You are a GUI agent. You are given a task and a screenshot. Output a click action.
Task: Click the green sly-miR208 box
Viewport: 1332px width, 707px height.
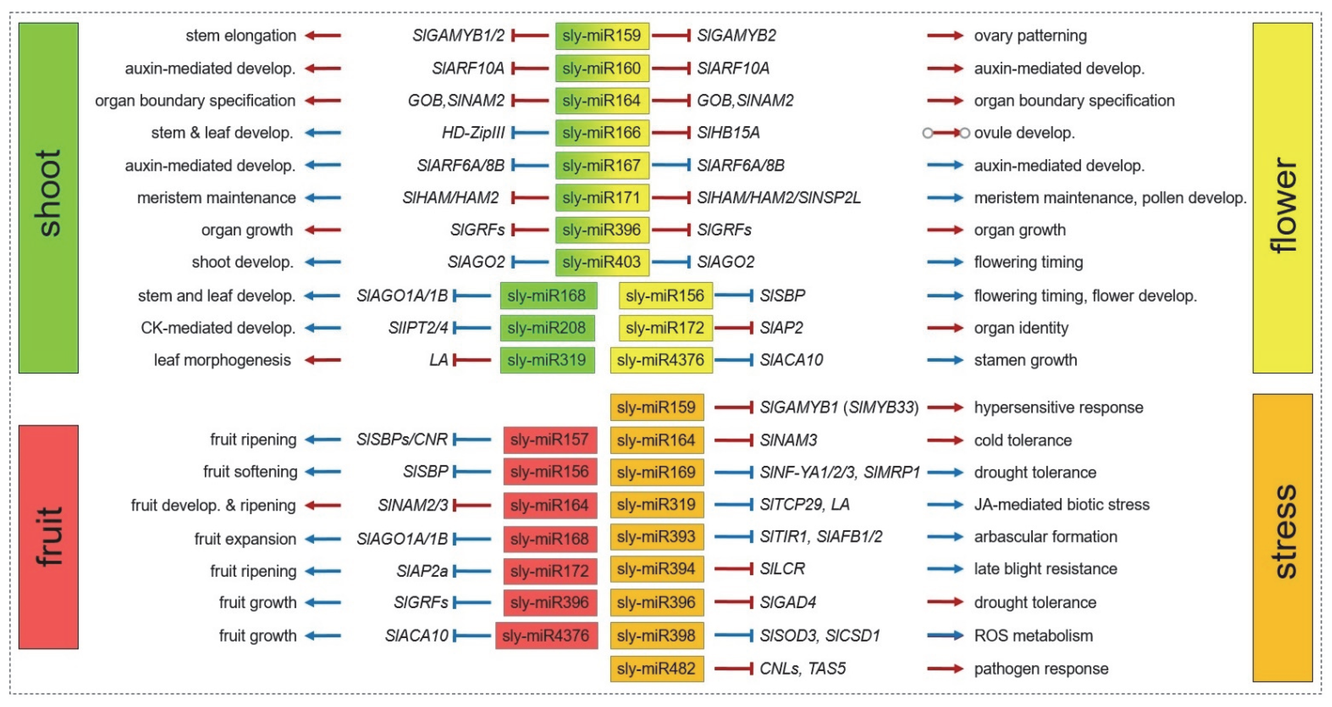click(x=547, y=328)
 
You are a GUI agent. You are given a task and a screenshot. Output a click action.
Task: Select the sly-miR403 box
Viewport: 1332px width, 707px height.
click(x=602, y=262)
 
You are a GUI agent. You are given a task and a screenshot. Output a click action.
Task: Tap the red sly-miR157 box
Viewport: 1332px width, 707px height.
click(x=550, y=440)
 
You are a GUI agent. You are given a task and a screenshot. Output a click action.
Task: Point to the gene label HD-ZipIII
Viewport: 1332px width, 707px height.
click(x=473, y=133)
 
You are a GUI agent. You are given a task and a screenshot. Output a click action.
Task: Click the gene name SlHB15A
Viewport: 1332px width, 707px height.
click(x=728, y=133)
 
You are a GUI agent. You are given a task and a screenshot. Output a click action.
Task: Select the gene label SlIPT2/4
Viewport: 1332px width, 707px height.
click(x=418, y=328)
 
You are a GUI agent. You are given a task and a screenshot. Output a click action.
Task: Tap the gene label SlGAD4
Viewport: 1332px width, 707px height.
click(x=788, y=602)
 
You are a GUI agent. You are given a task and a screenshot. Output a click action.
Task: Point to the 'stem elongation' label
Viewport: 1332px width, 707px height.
click(x=241, y=36)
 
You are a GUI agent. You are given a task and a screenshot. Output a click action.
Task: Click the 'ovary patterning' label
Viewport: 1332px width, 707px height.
click(x=1030, y=36)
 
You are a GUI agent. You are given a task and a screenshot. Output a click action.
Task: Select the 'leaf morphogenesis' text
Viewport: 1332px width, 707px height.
click(x=222, y=360)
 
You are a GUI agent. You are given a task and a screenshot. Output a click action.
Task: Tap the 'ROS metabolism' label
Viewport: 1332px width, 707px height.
click(x=1033, y=636)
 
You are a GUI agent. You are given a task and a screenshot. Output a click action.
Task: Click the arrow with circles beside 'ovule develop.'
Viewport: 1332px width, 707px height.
click(x=946, y=133)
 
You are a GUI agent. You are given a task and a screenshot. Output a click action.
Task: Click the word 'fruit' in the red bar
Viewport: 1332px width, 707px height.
click(x=49, y=537)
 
